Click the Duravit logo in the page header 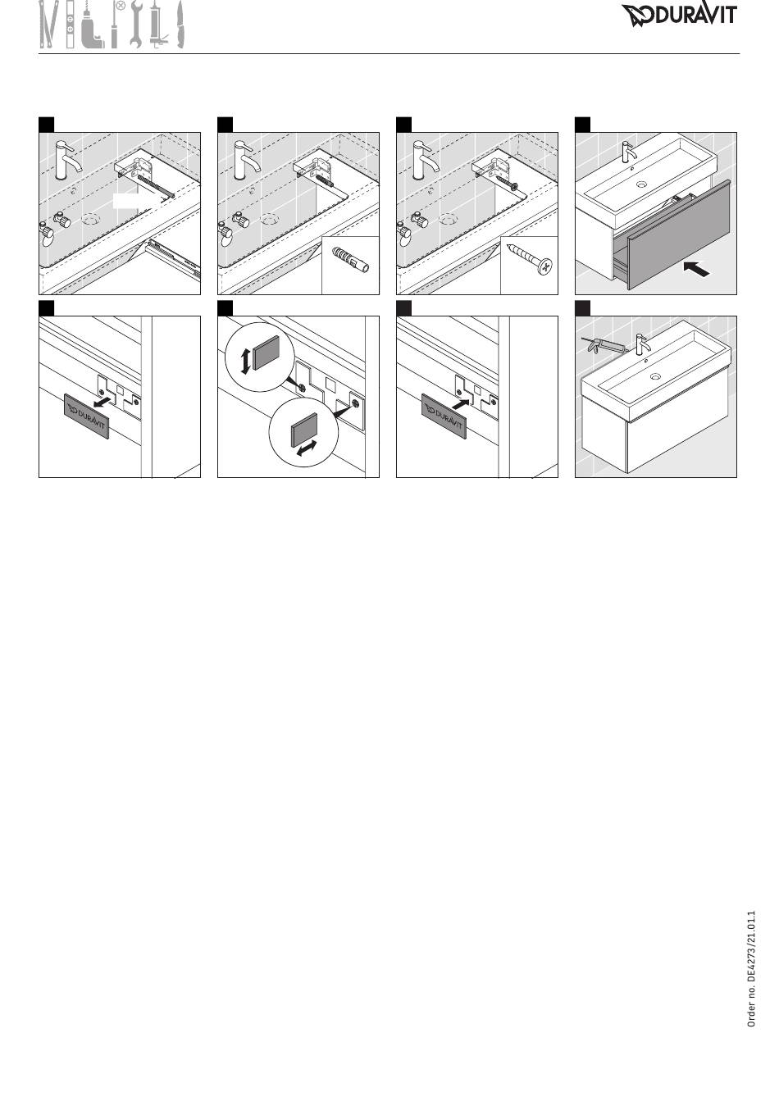[678, 16]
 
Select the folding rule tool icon [48, 25]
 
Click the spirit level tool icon [71, 25]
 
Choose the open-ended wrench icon [136, 25]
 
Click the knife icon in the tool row [180, 25]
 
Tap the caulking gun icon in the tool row [158, 25]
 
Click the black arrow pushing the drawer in [696, 269]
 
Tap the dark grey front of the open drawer [679, 235]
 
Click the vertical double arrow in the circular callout [244, 362]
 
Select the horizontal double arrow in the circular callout [307, 448]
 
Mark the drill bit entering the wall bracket [155, 185]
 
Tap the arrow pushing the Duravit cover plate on [461, 403]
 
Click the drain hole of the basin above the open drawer [643, 184]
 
